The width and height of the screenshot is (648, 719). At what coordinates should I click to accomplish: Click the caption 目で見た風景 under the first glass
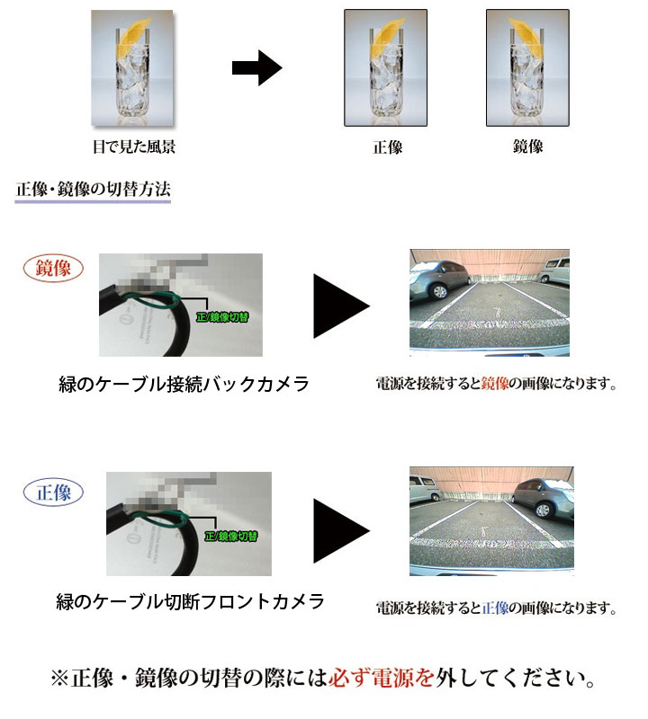[x=133, y=146]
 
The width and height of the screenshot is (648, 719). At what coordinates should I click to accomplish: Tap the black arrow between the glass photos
[x=256, y=68]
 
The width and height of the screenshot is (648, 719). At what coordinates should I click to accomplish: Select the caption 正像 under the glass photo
[x=388, y=147]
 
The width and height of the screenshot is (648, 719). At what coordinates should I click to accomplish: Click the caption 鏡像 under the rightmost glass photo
[x=527, y=146]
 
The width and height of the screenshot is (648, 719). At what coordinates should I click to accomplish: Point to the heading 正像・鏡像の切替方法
[x=94, y=189]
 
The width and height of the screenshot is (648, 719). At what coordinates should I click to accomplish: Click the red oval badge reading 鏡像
[x=53, y=268]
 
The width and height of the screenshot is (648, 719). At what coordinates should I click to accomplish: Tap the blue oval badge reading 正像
[x=53, y=493]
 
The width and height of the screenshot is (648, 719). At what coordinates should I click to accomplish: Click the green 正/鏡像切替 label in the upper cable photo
[x=222, y=317]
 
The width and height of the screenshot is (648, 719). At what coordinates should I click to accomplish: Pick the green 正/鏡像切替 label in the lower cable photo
[x=231, y=536]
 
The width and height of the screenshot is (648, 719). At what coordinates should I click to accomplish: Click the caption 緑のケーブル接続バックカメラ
[x=184, y=384]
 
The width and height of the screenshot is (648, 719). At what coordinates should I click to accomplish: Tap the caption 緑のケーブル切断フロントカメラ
[x=190, y=601]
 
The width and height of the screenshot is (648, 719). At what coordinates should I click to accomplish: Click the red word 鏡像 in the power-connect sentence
[x=495, y=383]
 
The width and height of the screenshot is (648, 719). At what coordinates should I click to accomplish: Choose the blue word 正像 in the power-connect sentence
[x=495, y=608]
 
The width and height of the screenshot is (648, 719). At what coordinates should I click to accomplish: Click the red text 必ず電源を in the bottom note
[x=382, y=678]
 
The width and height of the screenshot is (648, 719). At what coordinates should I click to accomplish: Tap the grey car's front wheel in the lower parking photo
[x=543, y=510]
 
